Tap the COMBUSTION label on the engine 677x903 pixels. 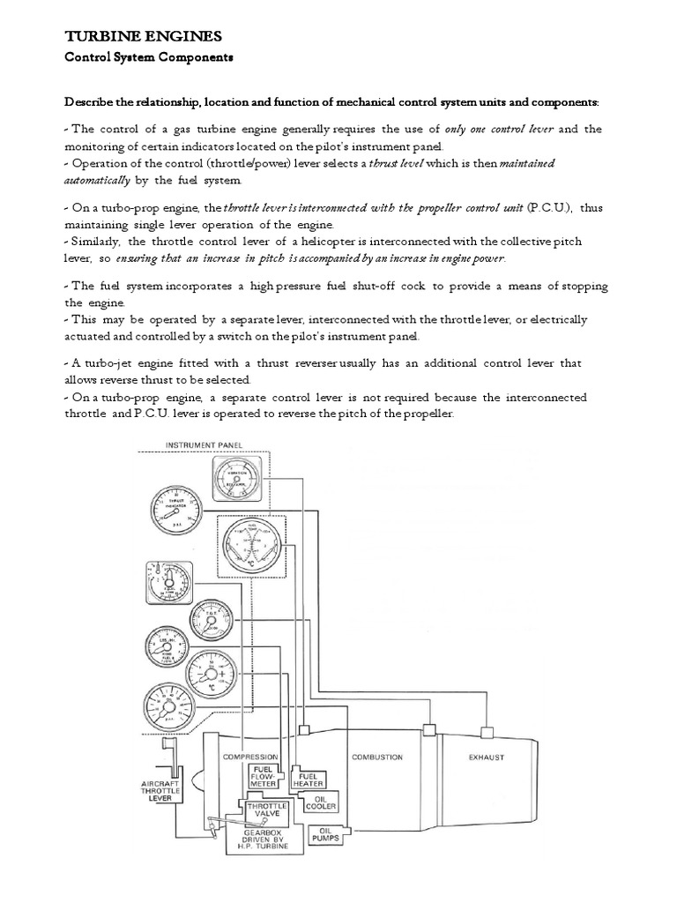(377, 757)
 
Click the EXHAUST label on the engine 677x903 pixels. (487, 757)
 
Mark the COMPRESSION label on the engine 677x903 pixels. (249, 757)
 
